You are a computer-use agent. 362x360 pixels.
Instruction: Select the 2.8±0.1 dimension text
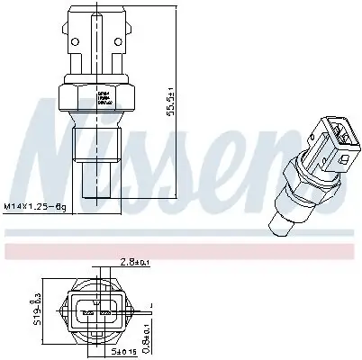tap(138, 264)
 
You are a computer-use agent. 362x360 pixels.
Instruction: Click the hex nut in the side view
tap(92, 94)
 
